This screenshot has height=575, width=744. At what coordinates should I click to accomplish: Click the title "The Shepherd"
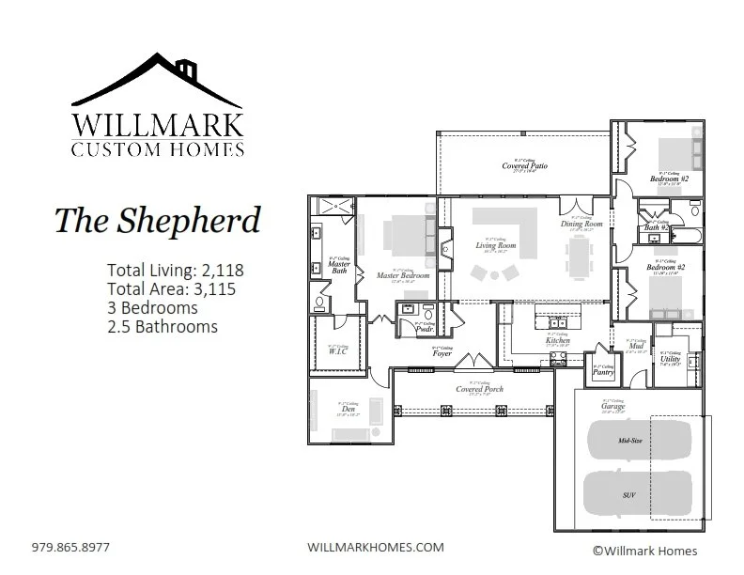click(x=156, y=220)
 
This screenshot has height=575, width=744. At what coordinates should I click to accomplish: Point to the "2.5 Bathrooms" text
click(x=163, y=327)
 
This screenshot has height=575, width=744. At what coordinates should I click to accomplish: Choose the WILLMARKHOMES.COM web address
click(x=376, y=546)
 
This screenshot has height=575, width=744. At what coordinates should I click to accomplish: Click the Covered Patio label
click(x=524, y=166)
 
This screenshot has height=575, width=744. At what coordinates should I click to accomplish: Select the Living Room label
click(x=496, y=246)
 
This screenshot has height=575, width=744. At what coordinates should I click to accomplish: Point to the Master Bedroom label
click(x=402, y=275)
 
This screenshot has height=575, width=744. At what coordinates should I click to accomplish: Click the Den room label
click(x=349, y=410)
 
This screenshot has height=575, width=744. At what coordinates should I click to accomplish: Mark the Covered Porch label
click(x=479, y=389)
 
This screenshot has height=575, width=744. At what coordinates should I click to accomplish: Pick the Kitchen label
click(x=558, y=340)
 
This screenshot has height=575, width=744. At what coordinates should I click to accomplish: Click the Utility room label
click(x=670, y=359)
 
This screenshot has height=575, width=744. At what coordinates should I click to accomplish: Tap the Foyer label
click(x=442, y=353)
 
